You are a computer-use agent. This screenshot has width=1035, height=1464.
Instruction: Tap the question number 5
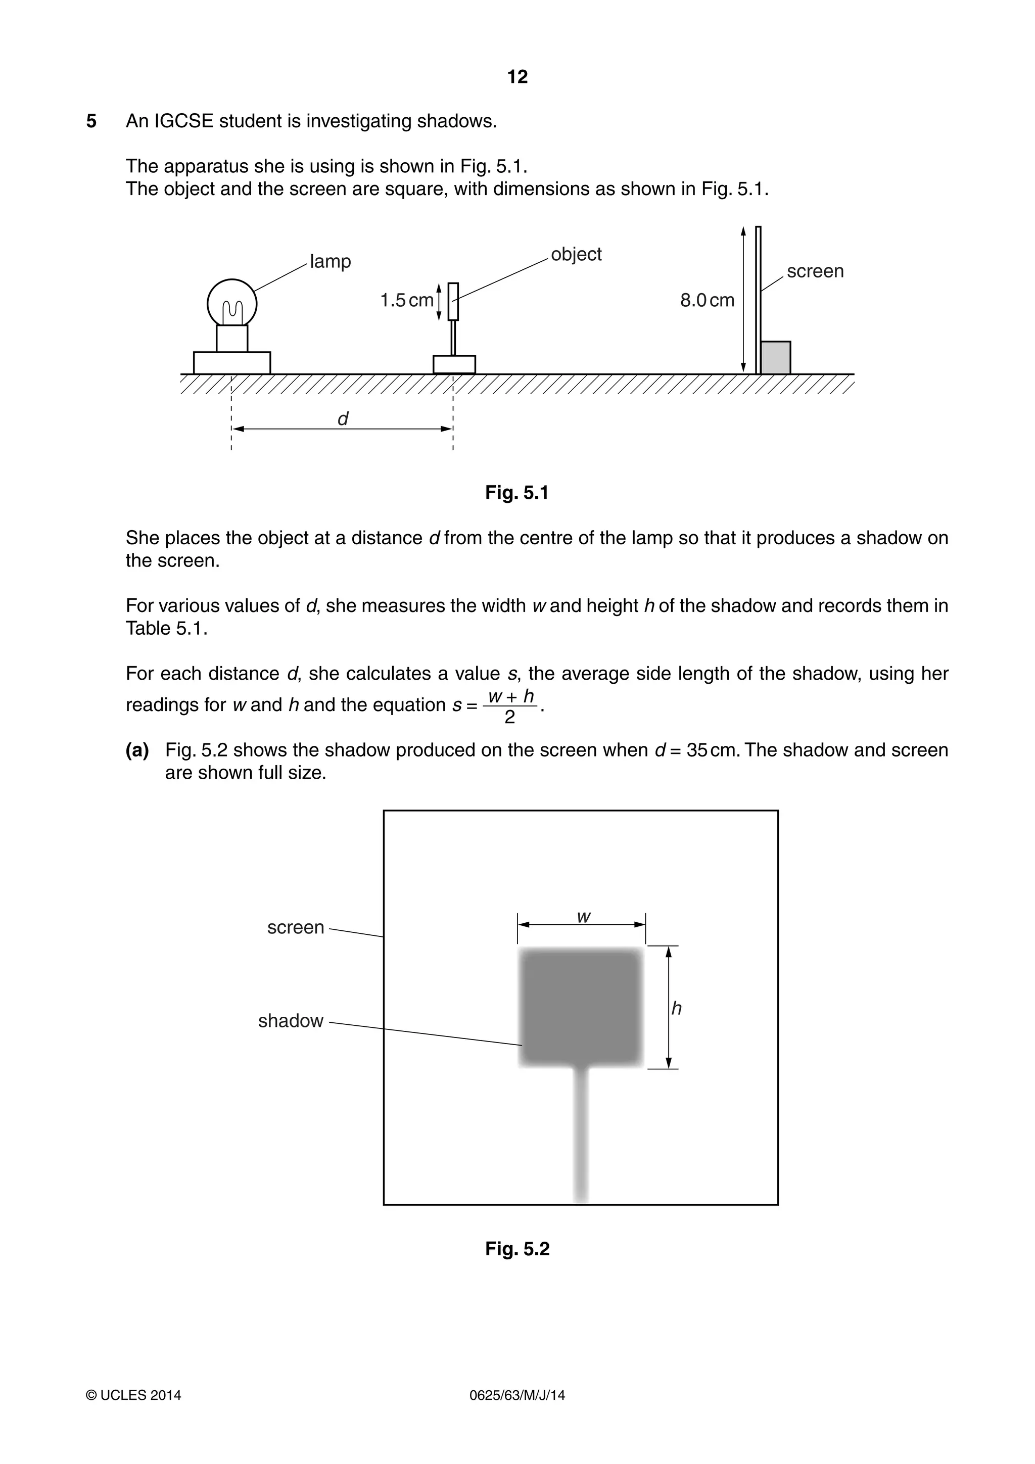coord(91,121)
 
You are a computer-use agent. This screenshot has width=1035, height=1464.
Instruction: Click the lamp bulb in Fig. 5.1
coord(232,304)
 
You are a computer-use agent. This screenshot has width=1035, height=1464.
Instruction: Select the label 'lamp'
coord(331,261)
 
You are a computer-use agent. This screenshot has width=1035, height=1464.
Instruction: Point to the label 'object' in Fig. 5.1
coord(576,254)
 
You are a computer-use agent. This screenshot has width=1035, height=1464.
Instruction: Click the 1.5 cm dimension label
coord(406,300)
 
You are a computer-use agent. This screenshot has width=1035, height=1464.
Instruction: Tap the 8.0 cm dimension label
coord(707,300)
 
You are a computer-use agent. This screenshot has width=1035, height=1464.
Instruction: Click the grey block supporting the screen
coord(775,358)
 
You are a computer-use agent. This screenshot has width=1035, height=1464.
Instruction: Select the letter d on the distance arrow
coord(343,419)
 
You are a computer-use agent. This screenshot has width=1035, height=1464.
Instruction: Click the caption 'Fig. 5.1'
coord(517,492)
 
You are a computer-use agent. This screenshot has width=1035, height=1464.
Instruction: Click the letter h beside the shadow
coord(677,1008)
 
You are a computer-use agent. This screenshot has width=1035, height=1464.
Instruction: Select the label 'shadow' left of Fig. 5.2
coord(291,1021)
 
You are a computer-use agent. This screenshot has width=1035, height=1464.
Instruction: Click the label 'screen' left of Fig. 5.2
coord(296,927)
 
